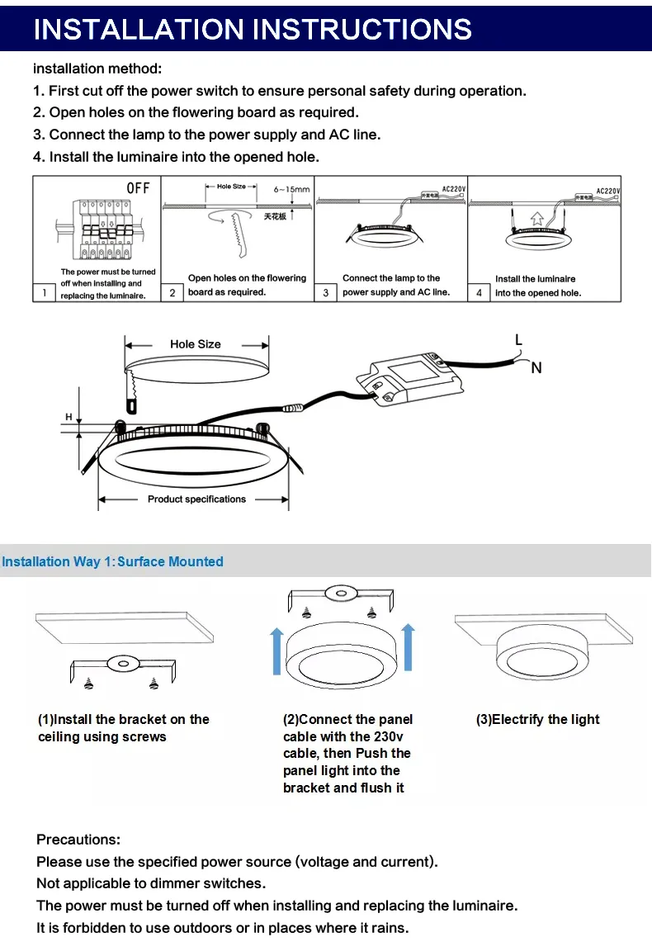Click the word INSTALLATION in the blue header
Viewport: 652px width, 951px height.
click(139, 30)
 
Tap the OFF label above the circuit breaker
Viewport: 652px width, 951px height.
click(138, 188)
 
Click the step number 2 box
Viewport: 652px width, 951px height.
click(172, 292)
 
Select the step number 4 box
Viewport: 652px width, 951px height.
click(480, 292)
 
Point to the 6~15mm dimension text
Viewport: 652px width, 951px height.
click(291, 189)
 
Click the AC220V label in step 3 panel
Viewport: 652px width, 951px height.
click(454, 188)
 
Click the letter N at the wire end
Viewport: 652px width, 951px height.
click(536, 368)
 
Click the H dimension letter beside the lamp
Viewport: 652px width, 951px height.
click(69, 417)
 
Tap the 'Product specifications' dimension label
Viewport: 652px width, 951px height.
click(196, 499)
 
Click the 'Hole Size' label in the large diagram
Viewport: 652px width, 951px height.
click(196, 344)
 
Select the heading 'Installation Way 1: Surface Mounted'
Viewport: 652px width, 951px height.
click(112, 561)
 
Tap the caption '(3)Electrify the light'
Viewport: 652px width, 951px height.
click(537, 719)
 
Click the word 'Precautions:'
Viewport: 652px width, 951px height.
click(78, 840)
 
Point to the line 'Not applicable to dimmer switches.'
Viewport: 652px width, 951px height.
click(151, 883)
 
